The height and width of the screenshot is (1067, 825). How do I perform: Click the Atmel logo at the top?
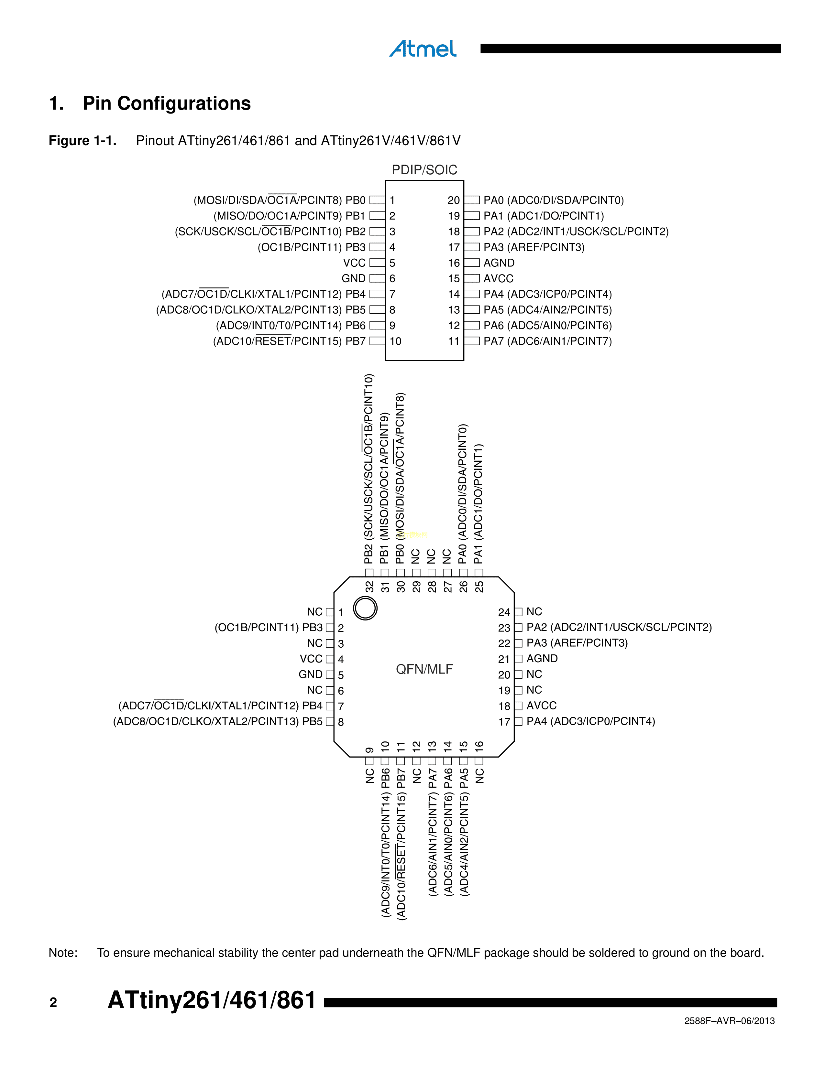click(423, 48)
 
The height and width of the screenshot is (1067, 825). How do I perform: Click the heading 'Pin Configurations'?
click(166, 103)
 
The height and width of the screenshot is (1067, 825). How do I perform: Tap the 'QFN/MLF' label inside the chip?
click(424, 669)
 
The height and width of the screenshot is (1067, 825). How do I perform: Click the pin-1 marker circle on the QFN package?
click(365, 608)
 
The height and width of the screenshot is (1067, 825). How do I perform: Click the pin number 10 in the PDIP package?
click(395, 341)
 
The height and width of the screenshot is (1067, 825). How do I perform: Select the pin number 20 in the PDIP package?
click(454, 200)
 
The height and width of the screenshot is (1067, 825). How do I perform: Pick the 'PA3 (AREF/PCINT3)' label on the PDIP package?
click(534, 247)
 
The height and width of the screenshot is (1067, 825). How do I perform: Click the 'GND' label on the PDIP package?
click(353, 278)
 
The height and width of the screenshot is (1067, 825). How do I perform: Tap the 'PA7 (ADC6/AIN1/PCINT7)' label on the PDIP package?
click(547, 341)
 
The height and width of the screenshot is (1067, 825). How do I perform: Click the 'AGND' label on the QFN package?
click(542, 659)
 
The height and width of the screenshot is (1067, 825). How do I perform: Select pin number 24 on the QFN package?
click(504, 612)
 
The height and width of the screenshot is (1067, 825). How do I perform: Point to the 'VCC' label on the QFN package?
click(311, 659)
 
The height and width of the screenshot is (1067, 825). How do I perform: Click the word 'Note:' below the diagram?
click(63, 952)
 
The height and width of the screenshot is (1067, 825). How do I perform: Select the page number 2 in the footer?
click(53, 1003)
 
